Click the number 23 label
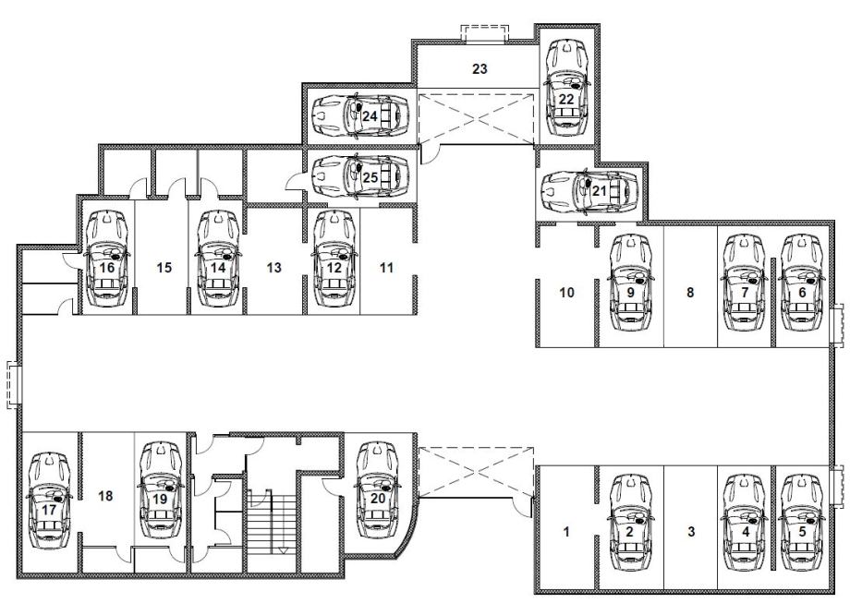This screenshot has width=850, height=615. point(480,69)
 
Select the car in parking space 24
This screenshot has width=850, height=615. point(360,115)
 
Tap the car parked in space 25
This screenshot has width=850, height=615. point(360,176)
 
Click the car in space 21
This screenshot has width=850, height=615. point(589,191)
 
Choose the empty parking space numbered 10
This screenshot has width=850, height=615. point(566,293)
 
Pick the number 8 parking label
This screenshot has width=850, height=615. point(690,293)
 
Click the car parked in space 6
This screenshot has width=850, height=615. point(802,283)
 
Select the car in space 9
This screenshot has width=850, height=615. point(630,283)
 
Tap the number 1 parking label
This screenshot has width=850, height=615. point(566,532)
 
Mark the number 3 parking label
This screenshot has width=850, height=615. point(691,532)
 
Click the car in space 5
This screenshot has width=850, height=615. point(802,523)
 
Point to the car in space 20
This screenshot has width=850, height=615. point(378,490)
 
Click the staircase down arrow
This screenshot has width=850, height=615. point(283,550)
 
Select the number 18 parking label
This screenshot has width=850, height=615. point(105,496)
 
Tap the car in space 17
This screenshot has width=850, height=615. point(49,500)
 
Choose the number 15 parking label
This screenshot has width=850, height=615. point(164,267)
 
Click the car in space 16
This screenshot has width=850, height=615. point(107,259)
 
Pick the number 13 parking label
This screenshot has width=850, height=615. point(274,267)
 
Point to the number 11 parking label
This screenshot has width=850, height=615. point(386,267)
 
